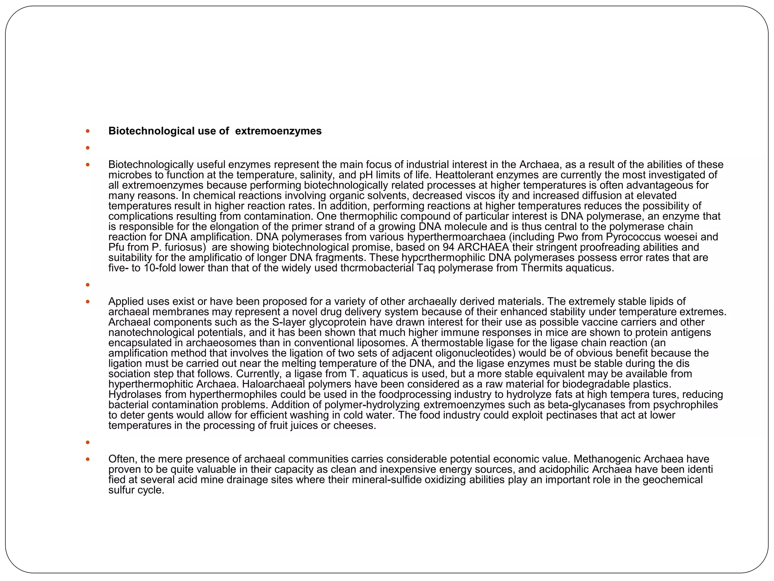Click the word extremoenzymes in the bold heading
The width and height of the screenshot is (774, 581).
[278, 131]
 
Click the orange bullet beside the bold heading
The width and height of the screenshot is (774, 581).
[88, 131]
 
